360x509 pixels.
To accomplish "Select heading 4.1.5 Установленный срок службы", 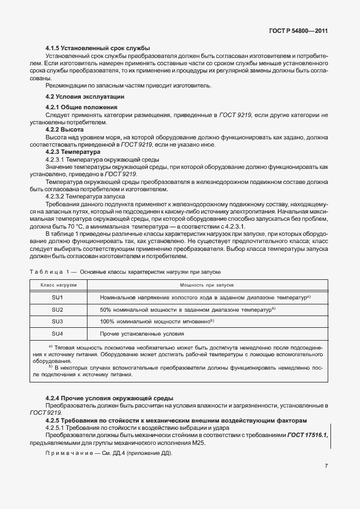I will (x=98, y=48).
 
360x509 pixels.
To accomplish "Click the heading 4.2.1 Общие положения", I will (x=81, y=106).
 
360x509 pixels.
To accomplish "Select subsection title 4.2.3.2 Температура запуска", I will (x=85, y=197).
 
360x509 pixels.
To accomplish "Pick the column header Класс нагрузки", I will (x=57, y=284).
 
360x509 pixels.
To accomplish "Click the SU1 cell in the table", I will (x=57, y=297).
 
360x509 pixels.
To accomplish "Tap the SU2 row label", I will (x=57, y=309).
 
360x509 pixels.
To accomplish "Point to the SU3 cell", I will (x=57, y=322).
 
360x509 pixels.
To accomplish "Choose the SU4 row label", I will (x=57, y=333).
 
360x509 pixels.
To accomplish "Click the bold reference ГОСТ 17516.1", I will (x=307, y=434).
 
